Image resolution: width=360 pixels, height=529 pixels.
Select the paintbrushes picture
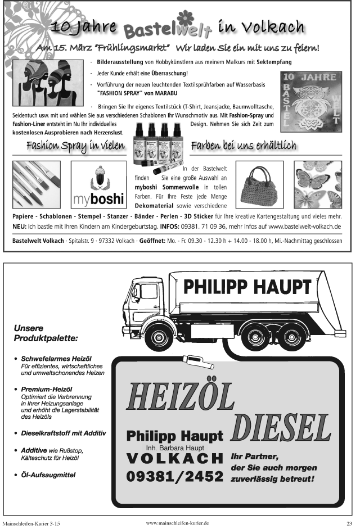pos(37,184)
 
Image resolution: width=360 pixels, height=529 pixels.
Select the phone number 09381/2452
pos(175,477)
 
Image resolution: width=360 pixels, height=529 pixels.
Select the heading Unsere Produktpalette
pos(46,333)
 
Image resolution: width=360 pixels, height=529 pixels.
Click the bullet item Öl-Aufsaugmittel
pos(48,475)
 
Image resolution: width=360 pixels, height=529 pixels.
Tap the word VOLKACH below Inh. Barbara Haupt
pos(175,457)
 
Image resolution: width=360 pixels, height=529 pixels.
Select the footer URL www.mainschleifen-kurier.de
pos(177,522)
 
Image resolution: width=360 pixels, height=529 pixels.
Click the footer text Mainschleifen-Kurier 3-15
pos(31,523)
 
